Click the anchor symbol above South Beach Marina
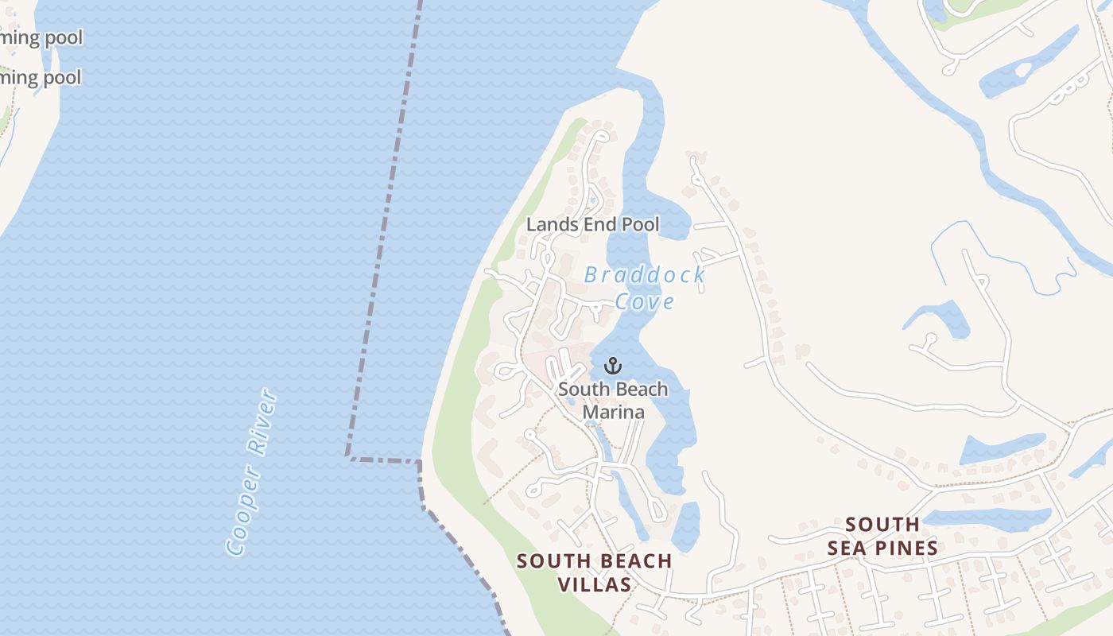pos(612,366)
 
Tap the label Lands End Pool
pos(592,225)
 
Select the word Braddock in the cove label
pos(645,276)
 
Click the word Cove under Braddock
pos(645,302)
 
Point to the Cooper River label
pos(252,472)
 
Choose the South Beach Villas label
pos(595,572)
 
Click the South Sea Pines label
pos(882,536)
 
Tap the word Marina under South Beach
pos(613,412)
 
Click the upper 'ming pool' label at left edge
pos(41,37)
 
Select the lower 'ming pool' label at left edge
pos(41,78)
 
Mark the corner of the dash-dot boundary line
pos(348,456)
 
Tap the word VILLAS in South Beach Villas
pos(595,584)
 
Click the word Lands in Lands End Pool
pos(552,225)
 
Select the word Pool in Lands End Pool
pos(640,225)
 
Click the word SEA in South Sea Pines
pos(848,548)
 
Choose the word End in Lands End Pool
pos(599,225)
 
